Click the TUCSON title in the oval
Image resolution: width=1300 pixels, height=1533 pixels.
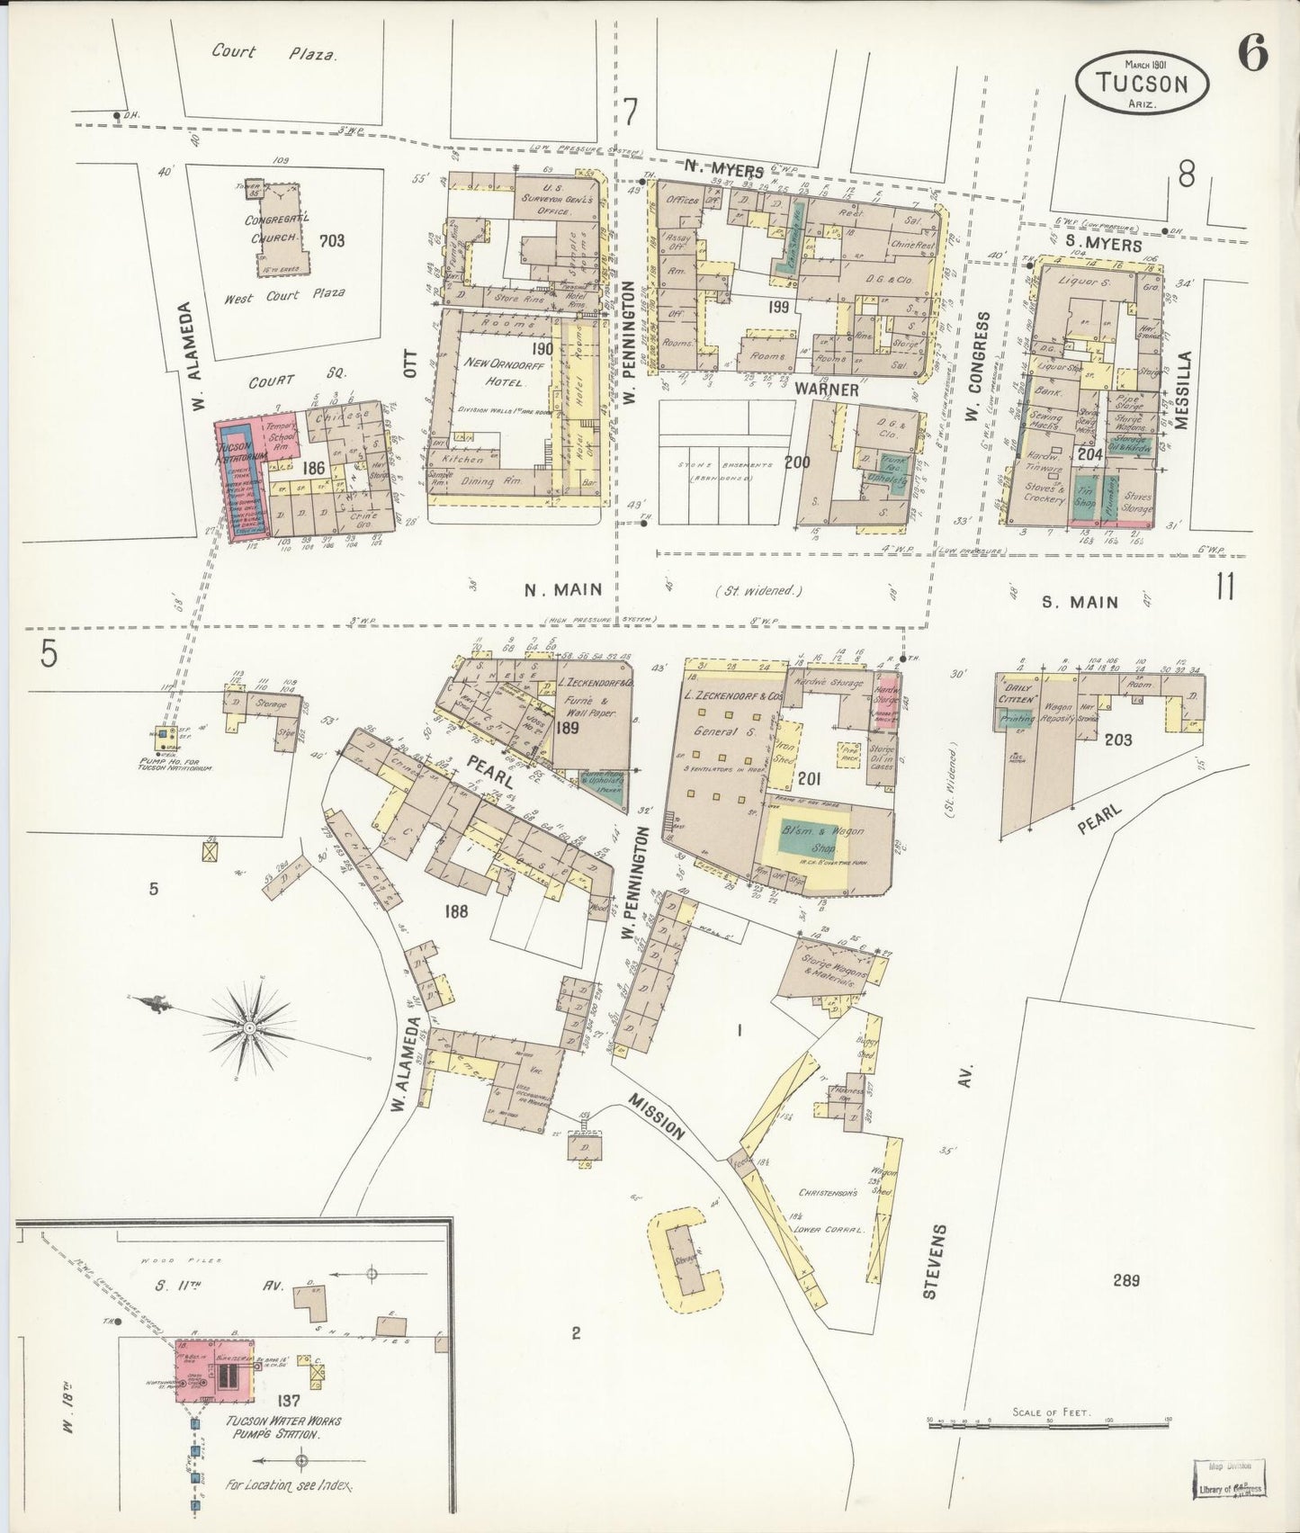point(1143,84)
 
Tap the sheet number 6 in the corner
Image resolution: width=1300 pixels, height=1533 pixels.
point(1252,55)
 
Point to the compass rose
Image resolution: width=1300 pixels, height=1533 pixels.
point(248,1026)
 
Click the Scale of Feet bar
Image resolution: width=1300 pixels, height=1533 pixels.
point(1048,1422)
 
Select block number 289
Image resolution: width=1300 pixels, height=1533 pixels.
point(1125,1279)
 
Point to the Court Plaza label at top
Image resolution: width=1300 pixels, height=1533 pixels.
point(274,53)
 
